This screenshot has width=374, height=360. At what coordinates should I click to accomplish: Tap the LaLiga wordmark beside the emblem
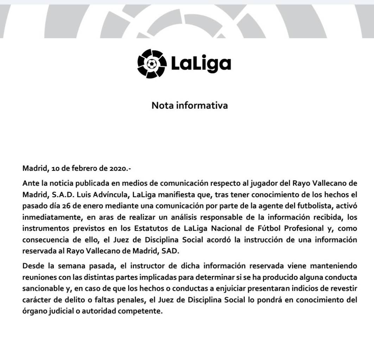pos(201,64)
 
